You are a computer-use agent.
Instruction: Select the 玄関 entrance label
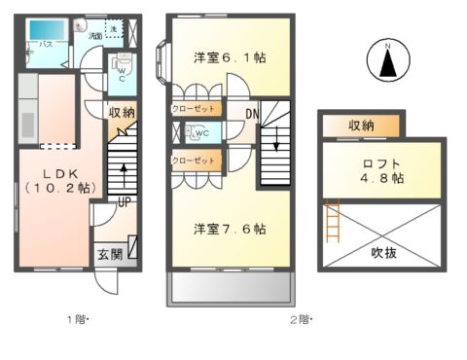point(109,255)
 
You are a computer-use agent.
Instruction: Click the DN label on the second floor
point(251,115)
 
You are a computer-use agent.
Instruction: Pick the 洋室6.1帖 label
point(229,56)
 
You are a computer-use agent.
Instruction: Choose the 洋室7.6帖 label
point(229,230)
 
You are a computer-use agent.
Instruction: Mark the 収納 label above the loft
point(361,125)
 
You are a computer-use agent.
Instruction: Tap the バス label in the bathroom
point(45,46)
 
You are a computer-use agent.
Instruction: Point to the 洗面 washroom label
point(95,36)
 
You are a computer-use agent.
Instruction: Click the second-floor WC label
point(202,133)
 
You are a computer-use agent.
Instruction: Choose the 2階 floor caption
point(299,317)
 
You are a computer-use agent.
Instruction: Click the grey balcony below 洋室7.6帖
point(231,288)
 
